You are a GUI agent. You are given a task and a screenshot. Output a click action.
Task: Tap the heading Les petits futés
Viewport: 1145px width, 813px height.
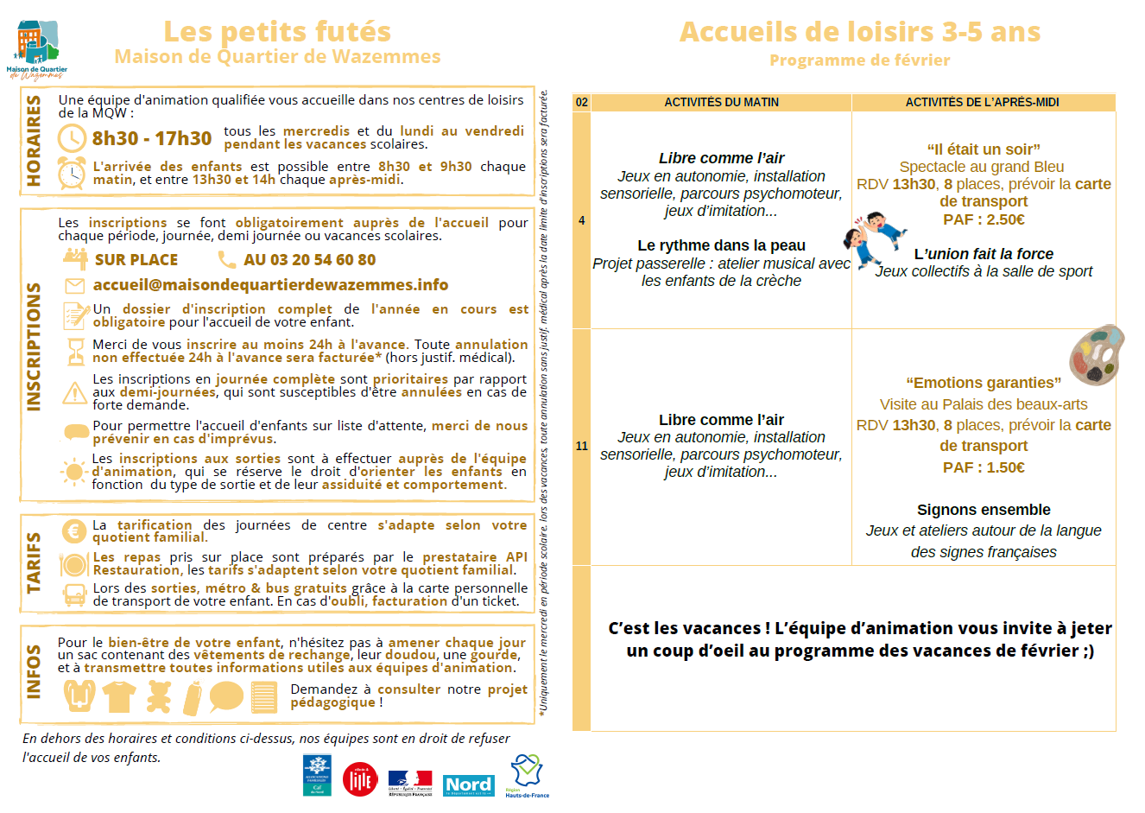coord(277,32)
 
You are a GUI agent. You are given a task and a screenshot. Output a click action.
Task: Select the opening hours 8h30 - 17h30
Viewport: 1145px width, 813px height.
coord(152,138)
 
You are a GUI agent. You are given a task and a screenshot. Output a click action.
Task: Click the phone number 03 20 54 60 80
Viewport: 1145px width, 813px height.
coord(309,259)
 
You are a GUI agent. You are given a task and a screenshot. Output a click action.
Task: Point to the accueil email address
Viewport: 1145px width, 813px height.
coord(270,284)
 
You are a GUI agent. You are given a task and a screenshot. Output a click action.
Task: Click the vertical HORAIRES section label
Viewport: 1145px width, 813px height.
coord(34,140)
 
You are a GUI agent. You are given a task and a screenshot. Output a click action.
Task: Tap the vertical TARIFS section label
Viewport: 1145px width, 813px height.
coord(34,562)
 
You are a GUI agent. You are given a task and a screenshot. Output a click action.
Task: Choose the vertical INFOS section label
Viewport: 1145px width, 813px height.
coord(34,670)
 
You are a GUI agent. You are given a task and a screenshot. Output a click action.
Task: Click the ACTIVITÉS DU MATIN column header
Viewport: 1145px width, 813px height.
coord(721,102)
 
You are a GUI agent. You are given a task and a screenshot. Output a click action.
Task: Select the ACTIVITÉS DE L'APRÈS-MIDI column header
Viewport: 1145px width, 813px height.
coord(982,102)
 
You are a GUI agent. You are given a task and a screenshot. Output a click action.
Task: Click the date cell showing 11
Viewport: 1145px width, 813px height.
coord(582,446)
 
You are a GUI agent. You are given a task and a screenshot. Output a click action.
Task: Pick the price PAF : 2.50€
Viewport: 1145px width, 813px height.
coord(984,219)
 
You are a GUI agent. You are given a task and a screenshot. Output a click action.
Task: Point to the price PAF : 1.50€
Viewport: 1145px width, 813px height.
coord(984,467)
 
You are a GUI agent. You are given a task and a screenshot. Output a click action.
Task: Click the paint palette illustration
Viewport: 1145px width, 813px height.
coord(1097,354)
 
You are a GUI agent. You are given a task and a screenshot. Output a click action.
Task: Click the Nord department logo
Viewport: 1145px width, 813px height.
coord(469,784)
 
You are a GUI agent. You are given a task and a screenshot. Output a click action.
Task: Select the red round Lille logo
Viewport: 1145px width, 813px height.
coord(360,779)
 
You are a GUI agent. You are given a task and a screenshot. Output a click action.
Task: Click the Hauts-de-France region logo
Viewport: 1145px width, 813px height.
coord(526,775)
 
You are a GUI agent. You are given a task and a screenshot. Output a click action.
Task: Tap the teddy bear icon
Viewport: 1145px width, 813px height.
coord(158,696)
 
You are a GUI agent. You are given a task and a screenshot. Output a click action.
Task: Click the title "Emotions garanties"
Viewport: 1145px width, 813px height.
coord(984,383)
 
